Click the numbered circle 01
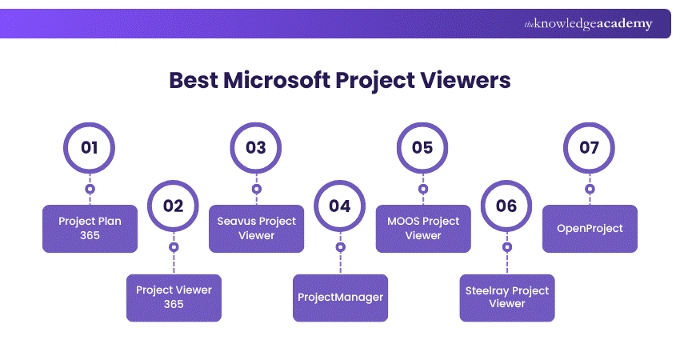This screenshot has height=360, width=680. [x=90, y=148]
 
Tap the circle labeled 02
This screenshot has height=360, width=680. [x=174, y=206]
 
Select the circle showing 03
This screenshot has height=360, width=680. [x=256, y=148]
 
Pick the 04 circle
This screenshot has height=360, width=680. [x=340, y=206]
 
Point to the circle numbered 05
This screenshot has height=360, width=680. [x=422, y=148]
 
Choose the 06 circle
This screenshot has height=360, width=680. [x=506, y=206]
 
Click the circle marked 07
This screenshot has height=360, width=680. [x=590, y=148]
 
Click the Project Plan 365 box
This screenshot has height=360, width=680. [x=90, y=229]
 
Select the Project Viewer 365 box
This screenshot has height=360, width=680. [x=174, y=298]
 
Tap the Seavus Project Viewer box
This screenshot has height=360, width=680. [x=256, y=229]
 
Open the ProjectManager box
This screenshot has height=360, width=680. [x=340, y=298]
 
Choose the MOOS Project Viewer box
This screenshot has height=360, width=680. [x=422, y=229]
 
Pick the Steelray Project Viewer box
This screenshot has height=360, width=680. [x=506, y=298]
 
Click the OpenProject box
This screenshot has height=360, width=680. [x=590, y=229]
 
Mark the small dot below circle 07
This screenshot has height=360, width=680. [x=590, y=190]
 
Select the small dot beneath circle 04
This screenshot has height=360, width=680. [x=340, y=247]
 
